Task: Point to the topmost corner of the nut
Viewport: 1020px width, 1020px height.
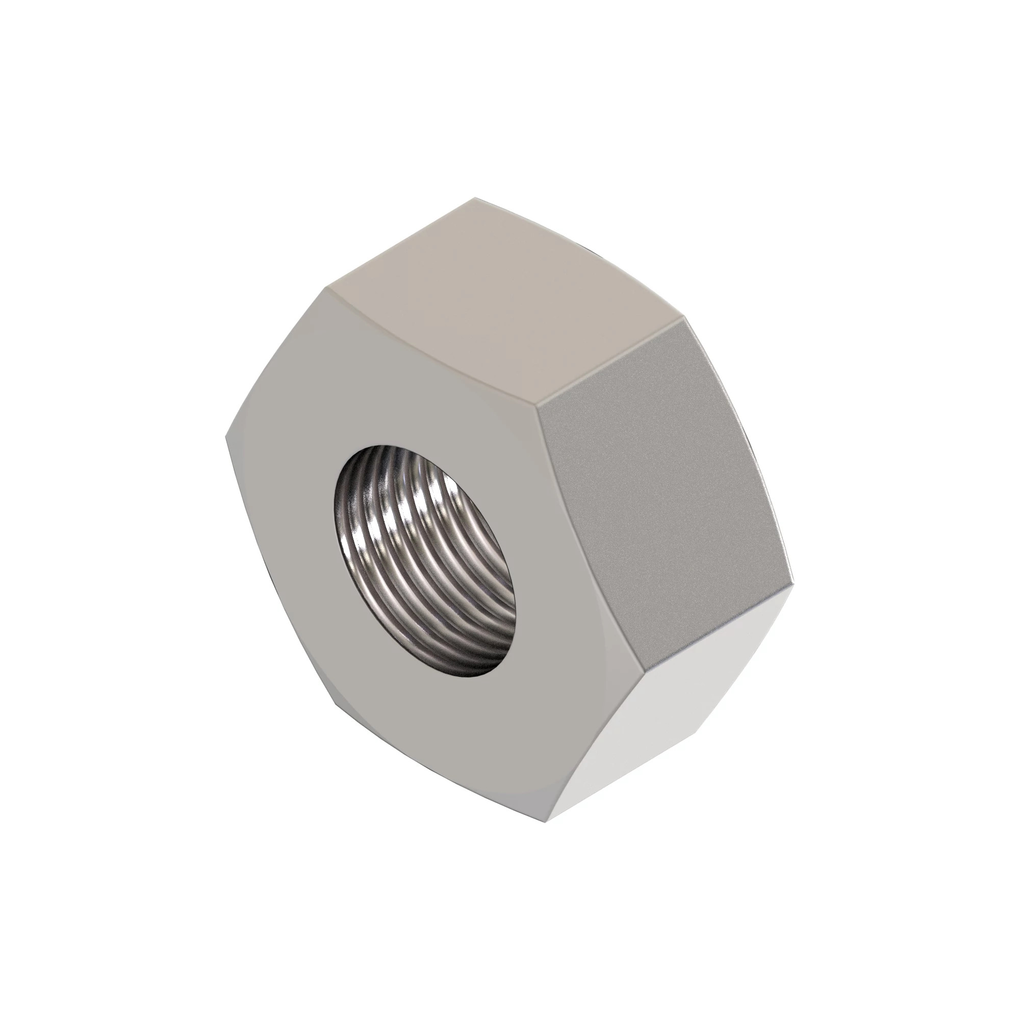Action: pyautogui.click(x=474, y=198)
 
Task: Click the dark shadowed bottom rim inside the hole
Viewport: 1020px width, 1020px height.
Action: pyautogui.click(x=465, y=671)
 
